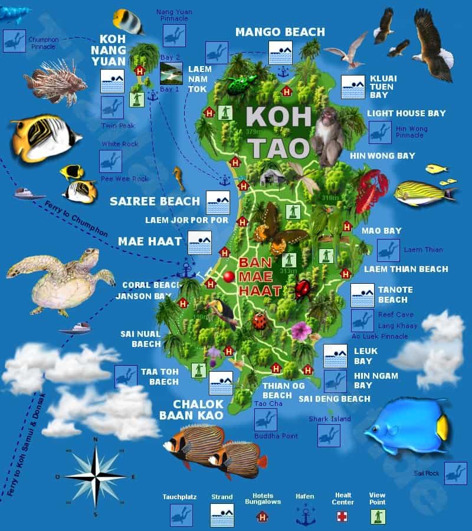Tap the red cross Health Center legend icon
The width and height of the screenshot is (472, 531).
[342, 516]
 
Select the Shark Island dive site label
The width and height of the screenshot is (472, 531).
[329, 419]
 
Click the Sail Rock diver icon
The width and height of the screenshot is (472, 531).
[455, 473]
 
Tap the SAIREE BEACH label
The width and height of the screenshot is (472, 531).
[155, 201]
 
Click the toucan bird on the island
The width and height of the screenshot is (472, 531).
[221, 313]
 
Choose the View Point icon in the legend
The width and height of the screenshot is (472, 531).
[377, 516]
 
